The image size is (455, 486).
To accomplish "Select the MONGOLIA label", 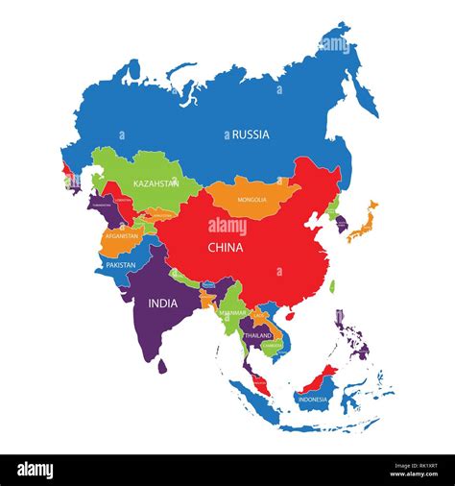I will (252, 200).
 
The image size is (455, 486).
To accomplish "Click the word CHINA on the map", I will (225, 247).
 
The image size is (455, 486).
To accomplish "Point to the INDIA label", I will (162, 303).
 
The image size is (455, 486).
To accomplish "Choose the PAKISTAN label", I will (121, 264).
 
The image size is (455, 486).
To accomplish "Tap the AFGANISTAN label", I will (122, 235).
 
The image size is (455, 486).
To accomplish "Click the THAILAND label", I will (257, 336).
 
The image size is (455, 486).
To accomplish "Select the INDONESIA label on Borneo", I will (313, 399).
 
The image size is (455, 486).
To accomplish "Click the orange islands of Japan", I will (363, 223).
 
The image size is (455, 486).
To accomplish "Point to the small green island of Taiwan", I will (332, 285).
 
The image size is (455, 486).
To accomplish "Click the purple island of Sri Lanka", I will (162, 366).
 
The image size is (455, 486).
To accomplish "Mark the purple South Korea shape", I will (342, 225).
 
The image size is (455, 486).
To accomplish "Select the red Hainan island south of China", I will (291, 314).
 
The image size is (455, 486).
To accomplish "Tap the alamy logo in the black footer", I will (35, 470).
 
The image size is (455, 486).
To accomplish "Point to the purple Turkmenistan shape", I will (104, 206).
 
